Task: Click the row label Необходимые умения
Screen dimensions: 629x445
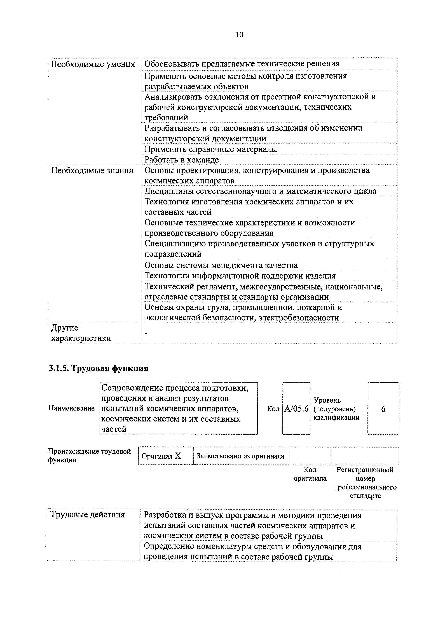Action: point(93,64)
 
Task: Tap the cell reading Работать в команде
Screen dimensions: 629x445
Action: point(181,160)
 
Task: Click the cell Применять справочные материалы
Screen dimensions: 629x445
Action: point(210,149)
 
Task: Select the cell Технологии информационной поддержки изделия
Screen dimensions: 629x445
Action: point(240,276)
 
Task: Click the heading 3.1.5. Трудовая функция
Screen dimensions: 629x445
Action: point(98,368)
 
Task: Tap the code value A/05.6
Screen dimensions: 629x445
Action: point(296,409)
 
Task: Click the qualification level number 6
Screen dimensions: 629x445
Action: point(383,409)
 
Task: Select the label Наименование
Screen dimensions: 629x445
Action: point(72,408)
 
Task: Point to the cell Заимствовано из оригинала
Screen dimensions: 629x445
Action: point(241,456)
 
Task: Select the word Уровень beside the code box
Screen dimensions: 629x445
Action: point(327,400)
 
